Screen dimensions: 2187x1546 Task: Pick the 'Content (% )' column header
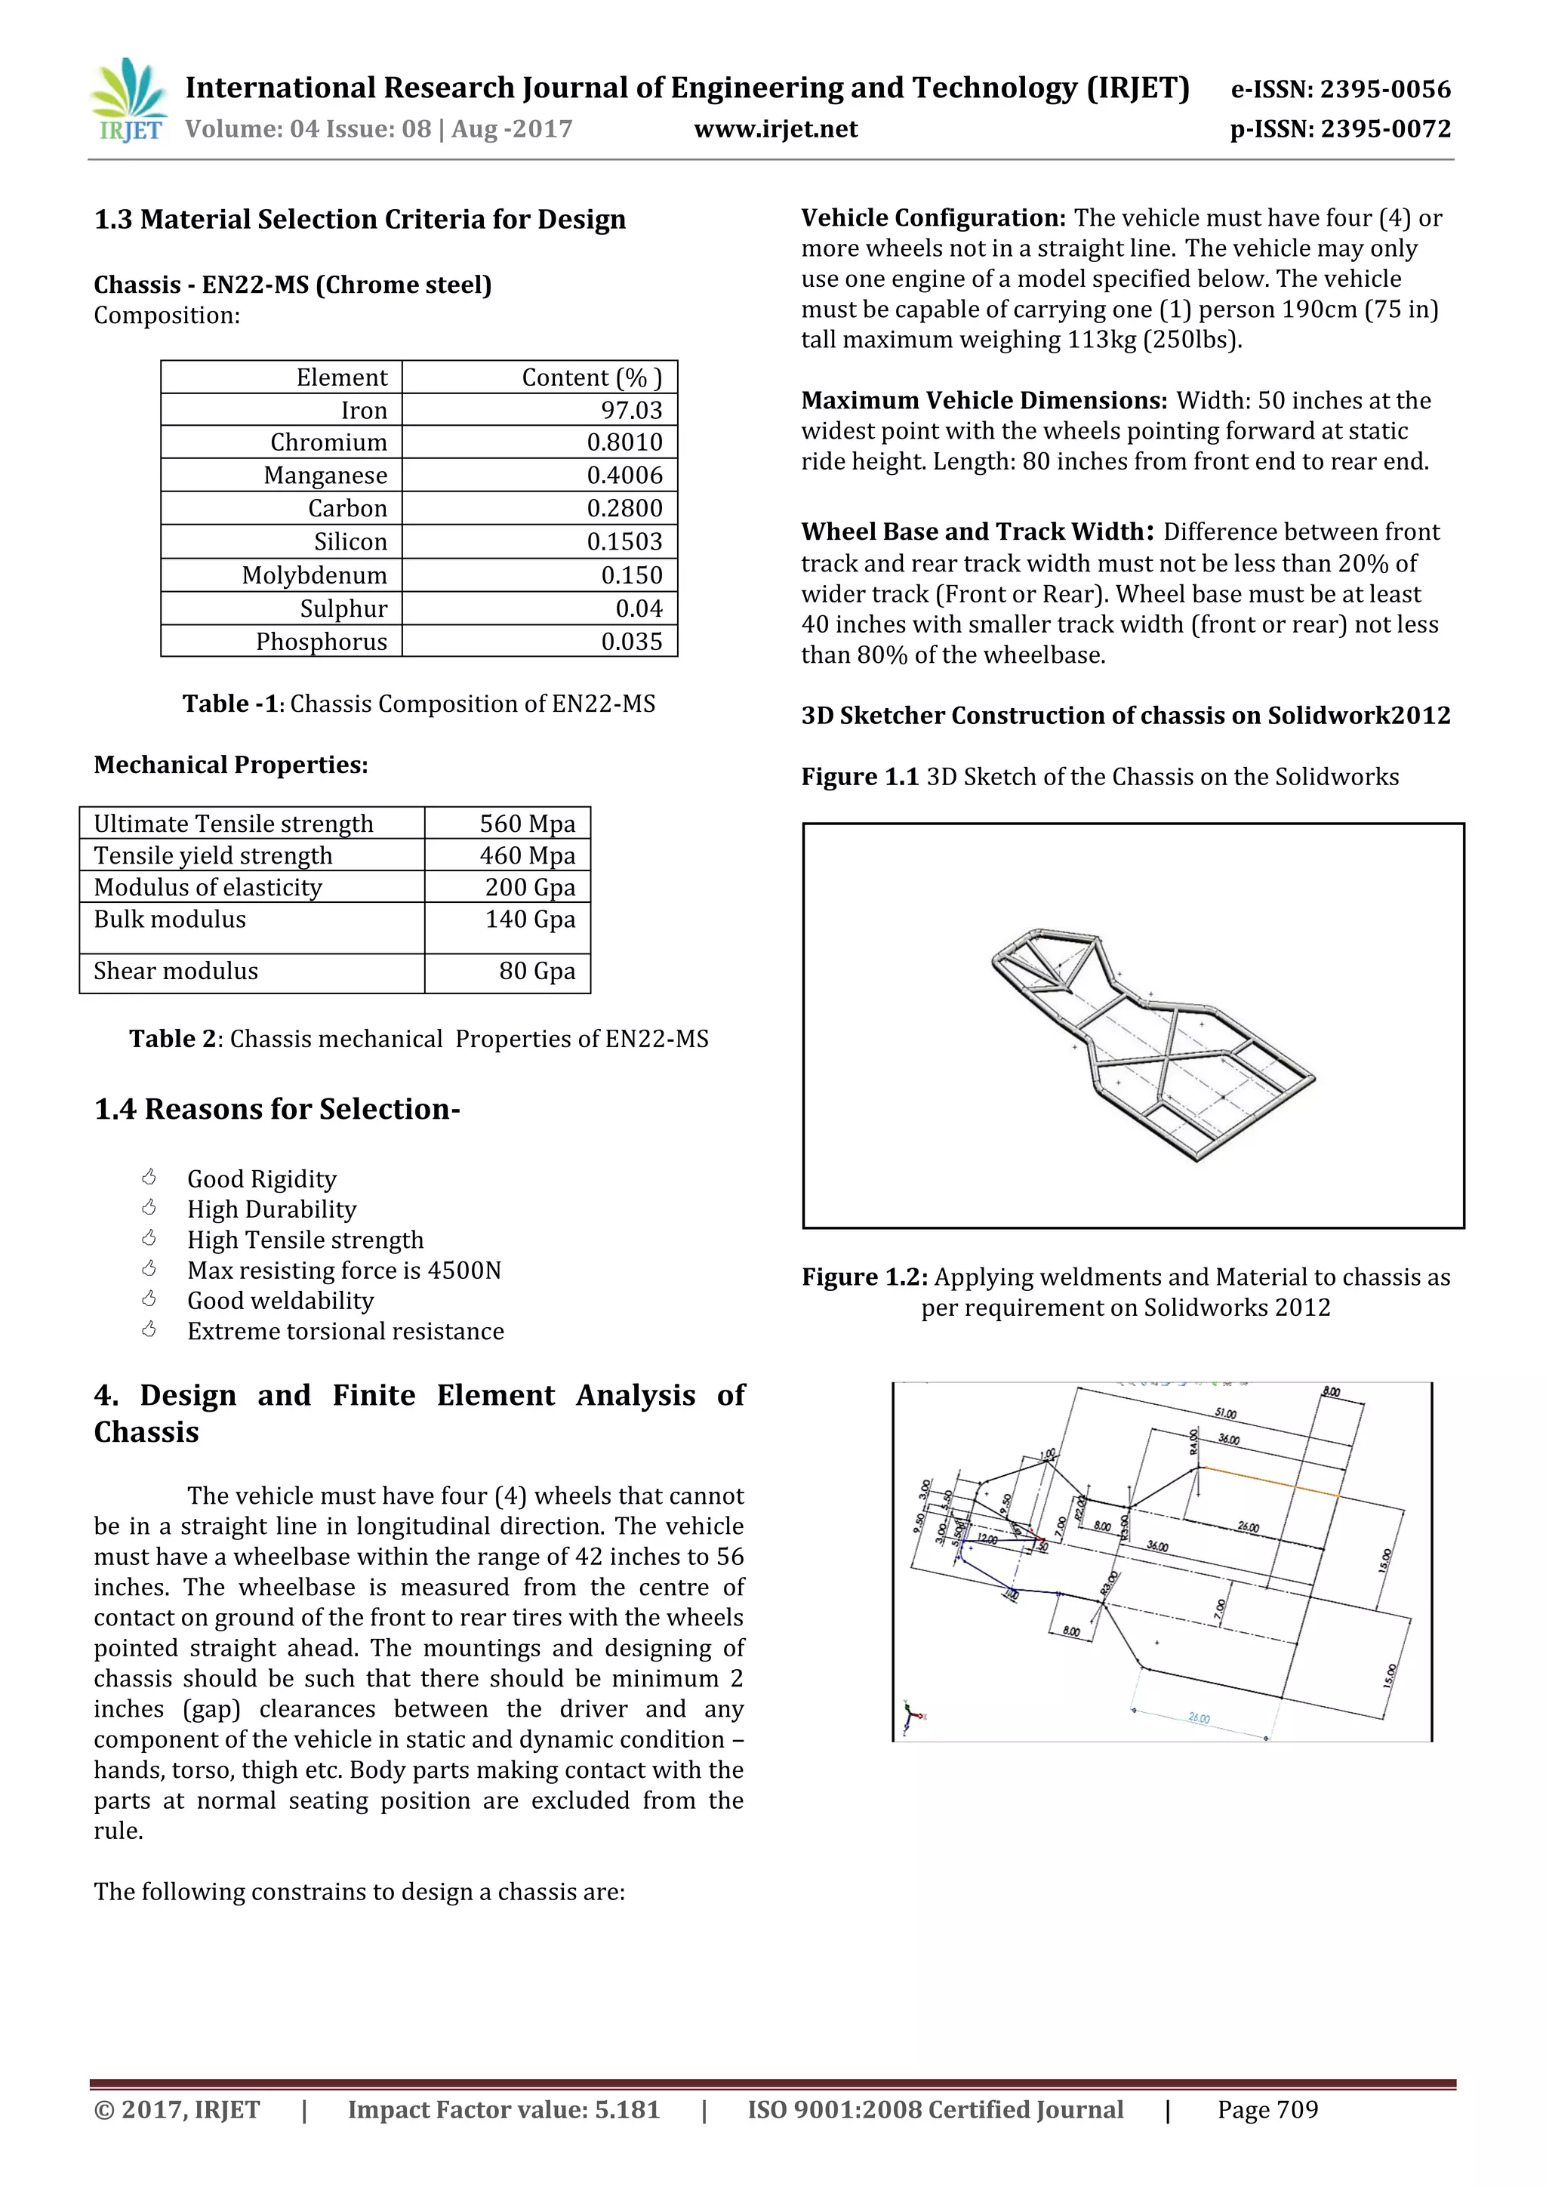point(590,377)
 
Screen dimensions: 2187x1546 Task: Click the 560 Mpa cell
point(527,824)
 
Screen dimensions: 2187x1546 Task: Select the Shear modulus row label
point(176,971)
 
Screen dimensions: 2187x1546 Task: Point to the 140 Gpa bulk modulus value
point(530,919)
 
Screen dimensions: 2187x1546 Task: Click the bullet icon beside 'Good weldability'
point(149,1299)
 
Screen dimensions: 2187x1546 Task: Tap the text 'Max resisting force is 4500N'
point(344,1270)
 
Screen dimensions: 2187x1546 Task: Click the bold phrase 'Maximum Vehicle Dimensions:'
point(983,400)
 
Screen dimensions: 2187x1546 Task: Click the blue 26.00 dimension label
point(1200,1718)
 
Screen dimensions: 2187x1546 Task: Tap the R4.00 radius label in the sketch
point(1193,1441)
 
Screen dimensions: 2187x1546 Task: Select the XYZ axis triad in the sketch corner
point(913,1717)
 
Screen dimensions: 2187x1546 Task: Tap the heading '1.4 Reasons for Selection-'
point(276,1109)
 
